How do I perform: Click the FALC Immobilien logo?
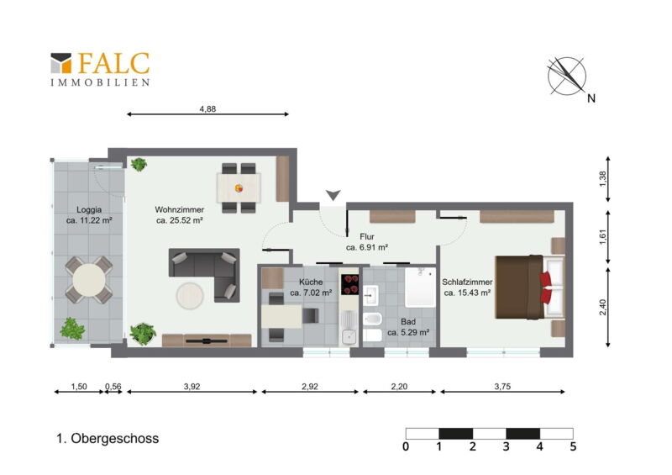coord(100,70)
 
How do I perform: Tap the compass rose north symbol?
coord(567,76)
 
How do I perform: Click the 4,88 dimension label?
coord(207,109)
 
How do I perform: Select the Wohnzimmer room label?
coord(180,210)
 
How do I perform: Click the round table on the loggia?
coord(89,280)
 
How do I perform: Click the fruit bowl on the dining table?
coord(239,188)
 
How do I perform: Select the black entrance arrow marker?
coord(333,195)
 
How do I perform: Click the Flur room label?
coord(367,236)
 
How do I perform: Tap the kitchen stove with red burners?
coord(349,284)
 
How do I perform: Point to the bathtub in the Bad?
coord(421,287)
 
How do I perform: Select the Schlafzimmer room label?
coord(467,282)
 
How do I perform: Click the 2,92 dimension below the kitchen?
coord(310,387)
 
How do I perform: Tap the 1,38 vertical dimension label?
coord(603,179)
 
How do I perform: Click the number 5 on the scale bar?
coord(573,447)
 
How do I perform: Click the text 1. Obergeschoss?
coord(108,439)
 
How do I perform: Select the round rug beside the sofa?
coord(190,296)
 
